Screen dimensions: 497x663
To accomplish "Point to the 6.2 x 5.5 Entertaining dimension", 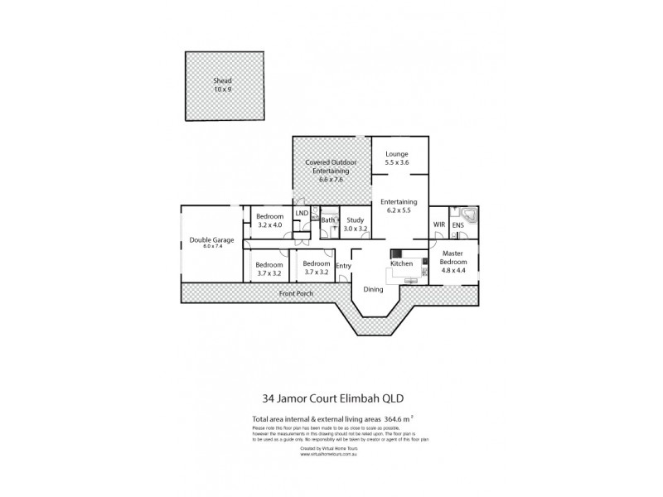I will click(x=399, y=210).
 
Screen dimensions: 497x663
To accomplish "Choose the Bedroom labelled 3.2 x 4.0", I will click(x=270, y=220).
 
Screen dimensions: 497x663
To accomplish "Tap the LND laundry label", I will click(x=302, y=214).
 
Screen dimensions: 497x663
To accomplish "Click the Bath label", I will click(x=328, y=220).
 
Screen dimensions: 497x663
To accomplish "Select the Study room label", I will click(x=356, y=224).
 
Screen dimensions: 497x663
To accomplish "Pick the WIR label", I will click(x=439, y=224).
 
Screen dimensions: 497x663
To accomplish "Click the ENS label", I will click(x=457, y=224).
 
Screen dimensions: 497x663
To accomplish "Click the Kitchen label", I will click(x=402, y=263).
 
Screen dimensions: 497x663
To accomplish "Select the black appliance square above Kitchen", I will click(x=396, y=254).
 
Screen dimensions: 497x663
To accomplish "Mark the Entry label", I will click(x=343, y=266).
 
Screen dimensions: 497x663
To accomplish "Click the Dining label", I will click(x=371, y=290).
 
